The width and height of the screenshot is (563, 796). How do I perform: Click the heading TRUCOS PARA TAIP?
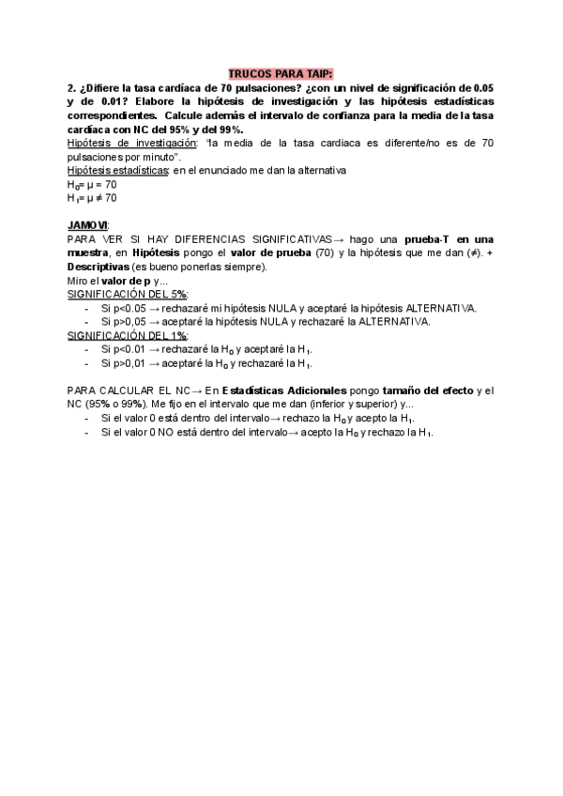[x=281, y=73]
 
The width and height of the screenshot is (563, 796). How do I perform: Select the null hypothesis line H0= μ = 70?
[x=92, y=185]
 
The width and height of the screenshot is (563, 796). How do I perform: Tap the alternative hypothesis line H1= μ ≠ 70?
[x=92, y=198]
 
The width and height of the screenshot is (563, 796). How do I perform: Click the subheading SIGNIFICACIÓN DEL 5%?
[x=128, y=294]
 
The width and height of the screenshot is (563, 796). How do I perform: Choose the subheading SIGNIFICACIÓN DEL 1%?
[x=128, y=335]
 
